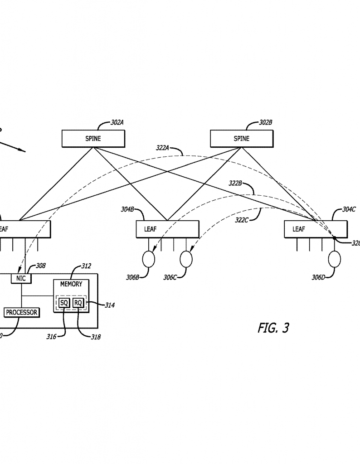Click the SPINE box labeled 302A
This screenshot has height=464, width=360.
coord(93,139)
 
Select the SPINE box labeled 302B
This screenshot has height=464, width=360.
coord(241,139)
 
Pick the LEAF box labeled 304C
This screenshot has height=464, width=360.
coord(316,229)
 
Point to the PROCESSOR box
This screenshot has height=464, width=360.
coord(21,312)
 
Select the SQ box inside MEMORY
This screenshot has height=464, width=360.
coord(64,303)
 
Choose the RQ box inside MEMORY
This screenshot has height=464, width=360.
coord(78,303)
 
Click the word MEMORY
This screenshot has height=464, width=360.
coord(71,284)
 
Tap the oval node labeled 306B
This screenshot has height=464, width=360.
coord(149,259)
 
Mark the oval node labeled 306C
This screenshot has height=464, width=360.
coord(186,259)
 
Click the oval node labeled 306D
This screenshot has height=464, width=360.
coord(334,259)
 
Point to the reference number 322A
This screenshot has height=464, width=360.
coord(162,148)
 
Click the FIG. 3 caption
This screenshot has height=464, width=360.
coord(273,328)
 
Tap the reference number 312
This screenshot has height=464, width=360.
coord(86,266)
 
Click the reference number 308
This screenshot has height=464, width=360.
coord(41,266)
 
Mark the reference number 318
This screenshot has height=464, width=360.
coord(95,337)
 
